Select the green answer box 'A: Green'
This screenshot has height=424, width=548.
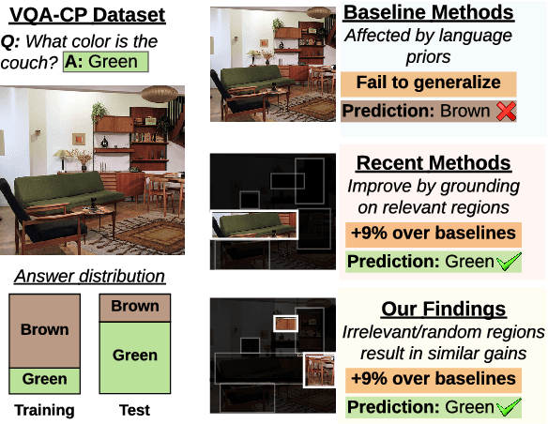[x=99, y=63]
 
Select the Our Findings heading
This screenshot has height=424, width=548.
[x=443, y=310]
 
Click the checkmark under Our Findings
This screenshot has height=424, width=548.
[x=507, y=406]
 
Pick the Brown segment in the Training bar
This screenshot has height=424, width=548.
[x=44, y=329]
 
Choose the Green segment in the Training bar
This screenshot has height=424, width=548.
[x=44, y=379]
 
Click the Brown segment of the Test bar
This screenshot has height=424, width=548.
[x=135, y=307]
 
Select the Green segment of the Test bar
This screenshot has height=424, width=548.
[x=135, y=356]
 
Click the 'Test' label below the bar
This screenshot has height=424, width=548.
[x=134, y=410]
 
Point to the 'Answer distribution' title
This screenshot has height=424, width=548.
[x=89, y=276]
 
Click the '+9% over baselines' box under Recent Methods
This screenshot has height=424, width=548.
[x=433, y=234]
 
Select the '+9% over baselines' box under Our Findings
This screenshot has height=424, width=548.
[x=433, y=379]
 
